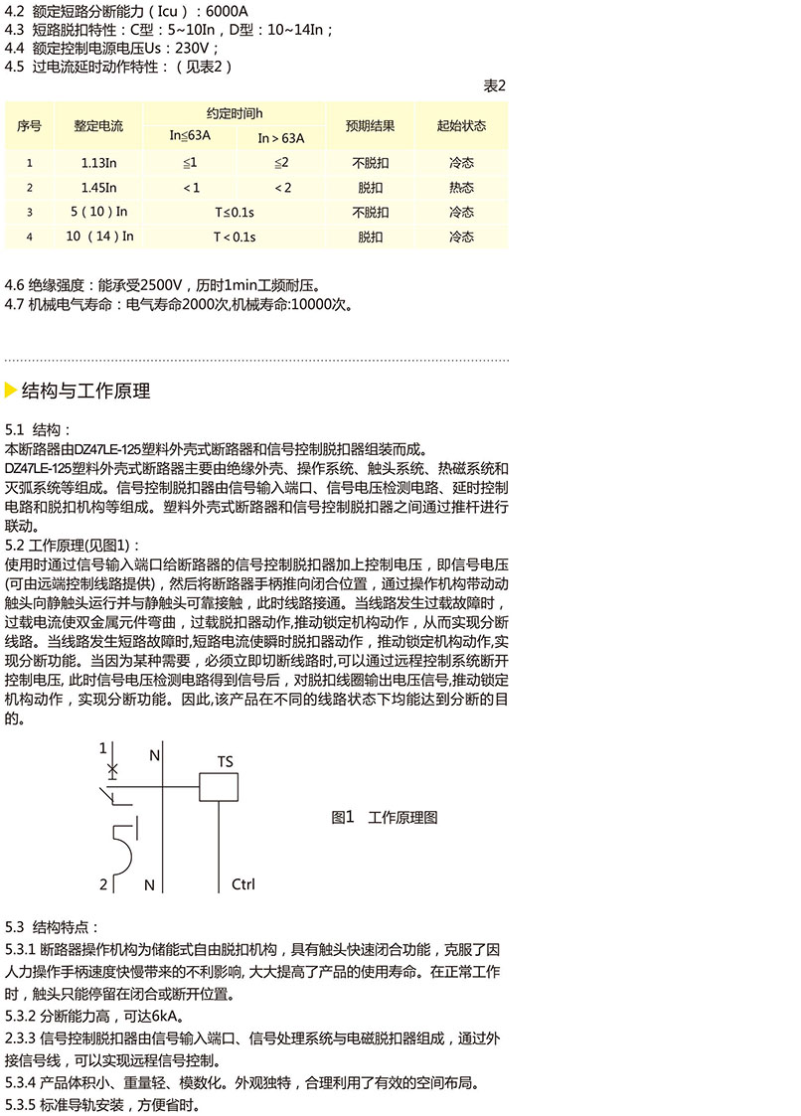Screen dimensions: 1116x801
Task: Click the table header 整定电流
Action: click(98, 126)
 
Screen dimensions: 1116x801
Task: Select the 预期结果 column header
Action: click(370, 126)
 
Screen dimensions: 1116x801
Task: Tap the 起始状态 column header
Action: click(461, 126)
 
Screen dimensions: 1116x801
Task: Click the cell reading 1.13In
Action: click(98, 161)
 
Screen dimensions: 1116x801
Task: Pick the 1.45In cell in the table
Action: click(98, 187)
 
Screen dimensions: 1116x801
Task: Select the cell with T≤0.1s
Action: click(235, 212)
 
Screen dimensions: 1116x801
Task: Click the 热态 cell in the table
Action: click(461, 187)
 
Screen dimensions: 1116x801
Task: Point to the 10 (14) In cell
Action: click(98, 237)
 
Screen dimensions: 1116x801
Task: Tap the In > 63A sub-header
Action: click(281, 138)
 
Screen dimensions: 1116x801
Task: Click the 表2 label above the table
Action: click(495, 86)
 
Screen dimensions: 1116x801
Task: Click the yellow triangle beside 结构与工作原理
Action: click(11, 391)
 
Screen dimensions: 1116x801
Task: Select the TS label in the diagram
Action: click(226, 762)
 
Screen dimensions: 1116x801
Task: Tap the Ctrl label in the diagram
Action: click(243, 883)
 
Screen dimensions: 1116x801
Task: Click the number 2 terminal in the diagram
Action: click(103, 883)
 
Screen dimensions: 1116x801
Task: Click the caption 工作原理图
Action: click(402, 818)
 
